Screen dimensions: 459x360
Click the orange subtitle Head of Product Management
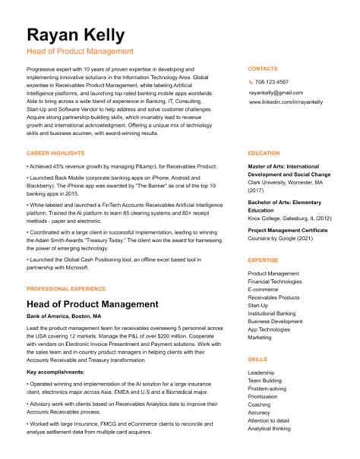coord(80,52)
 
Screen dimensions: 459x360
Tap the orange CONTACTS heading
coord(263,68)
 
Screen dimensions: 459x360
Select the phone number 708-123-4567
coord(272,82)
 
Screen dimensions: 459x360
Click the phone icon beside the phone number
coord(251,82)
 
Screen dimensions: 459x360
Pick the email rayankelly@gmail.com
coord(276,92)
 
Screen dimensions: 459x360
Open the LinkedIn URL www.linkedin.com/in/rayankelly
coord(286,102)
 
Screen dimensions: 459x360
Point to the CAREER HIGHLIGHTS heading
coord(56,153)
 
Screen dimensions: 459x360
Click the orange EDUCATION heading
coord(264,153)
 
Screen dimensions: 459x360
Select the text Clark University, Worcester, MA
coord(285,183)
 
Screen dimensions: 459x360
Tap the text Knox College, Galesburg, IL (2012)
coord(290,218)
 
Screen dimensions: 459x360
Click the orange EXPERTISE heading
coord(264,259)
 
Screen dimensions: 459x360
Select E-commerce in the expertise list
coord(264,290)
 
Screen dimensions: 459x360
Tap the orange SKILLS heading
coord(257,359)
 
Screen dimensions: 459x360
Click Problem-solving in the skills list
coord(268,388)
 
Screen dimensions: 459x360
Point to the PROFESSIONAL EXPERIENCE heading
coord(65,289)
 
